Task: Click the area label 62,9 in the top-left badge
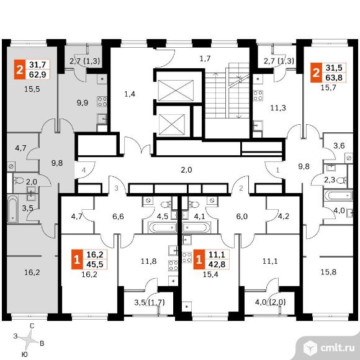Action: (38, 74)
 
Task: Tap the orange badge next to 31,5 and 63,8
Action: (316, 73)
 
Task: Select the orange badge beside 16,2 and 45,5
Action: (77, 259)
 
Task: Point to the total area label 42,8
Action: (217, 264)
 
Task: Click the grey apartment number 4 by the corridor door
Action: (84, 170)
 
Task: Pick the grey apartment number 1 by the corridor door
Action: (278, 170)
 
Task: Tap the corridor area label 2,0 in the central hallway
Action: (186, 170)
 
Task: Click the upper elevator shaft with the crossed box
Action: (176, 91)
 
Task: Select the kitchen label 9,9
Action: (83, 103)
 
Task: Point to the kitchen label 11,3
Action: (278, 107)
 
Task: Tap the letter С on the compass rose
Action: (32, 326)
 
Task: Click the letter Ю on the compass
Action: (25, 354)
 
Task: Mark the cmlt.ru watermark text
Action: (337, 348)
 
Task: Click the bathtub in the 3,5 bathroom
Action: (12, 209)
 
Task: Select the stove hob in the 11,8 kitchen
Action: (173, 266)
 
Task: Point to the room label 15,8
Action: (328, 272)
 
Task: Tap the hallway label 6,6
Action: (118, 216)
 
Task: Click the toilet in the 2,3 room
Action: (343, 180)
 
